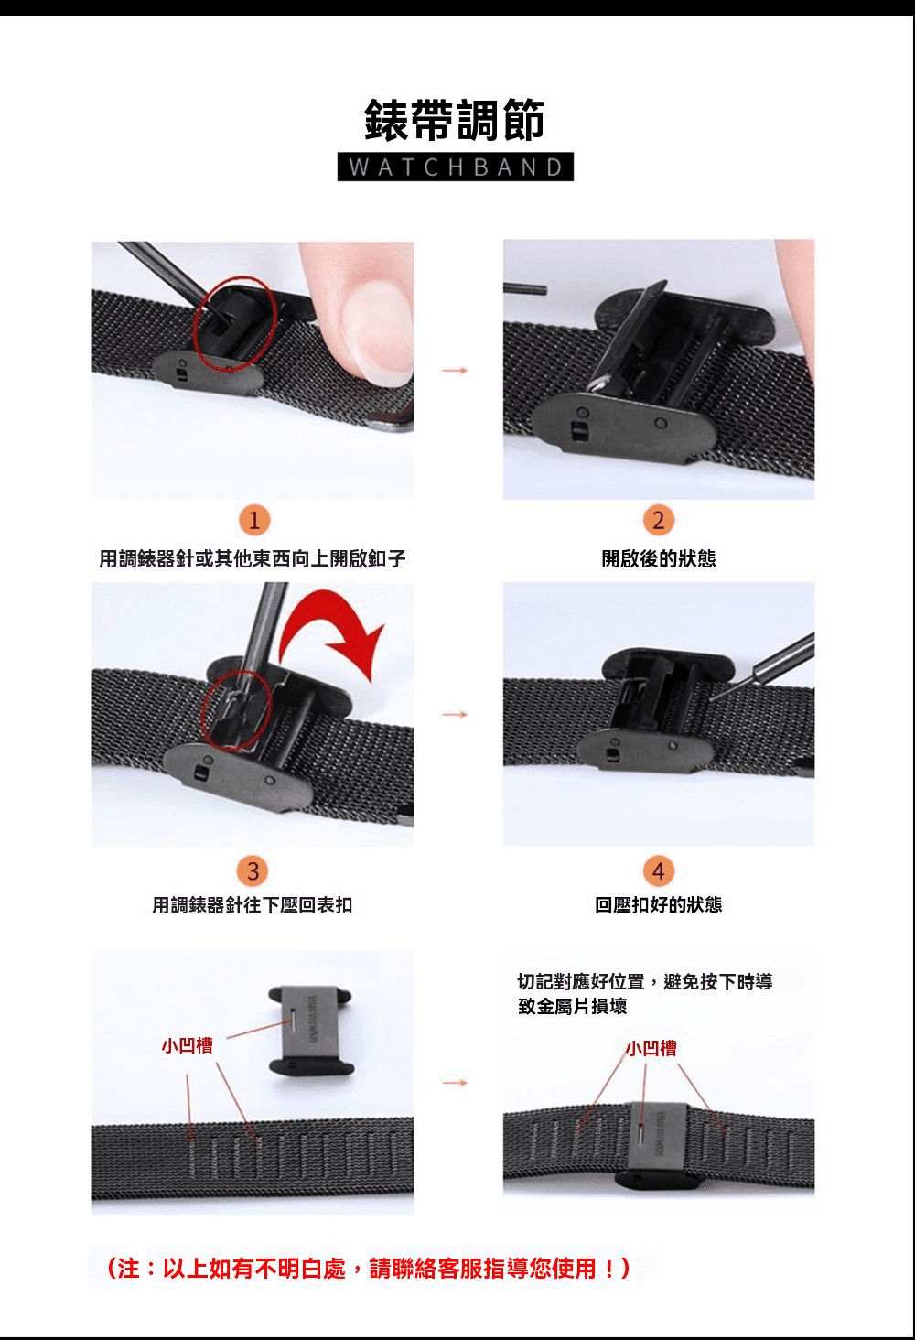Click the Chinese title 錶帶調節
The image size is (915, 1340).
(455, 120)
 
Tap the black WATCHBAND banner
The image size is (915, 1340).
(455, 167)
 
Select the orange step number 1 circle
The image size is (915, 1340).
(253, 521)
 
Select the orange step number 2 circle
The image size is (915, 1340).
(659, 521)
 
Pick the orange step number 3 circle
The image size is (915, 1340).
(253, 871)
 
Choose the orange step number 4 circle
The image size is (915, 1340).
(659, 871)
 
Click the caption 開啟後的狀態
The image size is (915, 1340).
(659, 558)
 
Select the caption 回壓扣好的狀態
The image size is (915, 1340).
(659, 904)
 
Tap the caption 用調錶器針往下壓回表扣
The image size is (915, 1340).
(253, 905)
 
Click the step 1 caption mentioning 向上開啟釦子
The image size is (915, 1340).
(253, 558)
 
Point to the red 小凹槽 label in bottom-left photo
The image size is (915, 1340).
(188, 1045)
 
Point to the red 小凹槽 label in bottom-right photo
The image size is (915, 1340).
(651, 1048)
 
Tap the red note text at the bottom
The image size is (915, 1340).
(368, 1268)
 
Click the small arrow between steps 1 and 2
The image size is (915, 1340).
(455, 371)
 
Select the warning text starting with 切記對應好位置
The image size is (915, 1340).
(645, 994)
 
